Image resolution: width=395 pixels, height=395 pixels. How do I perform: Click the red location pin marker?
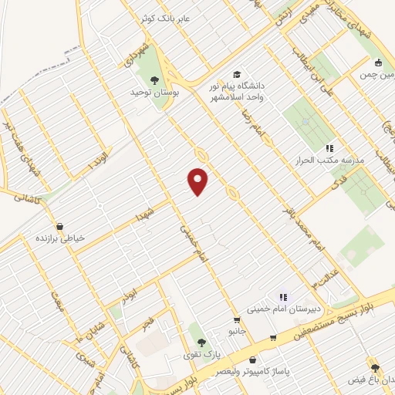click(199, 181)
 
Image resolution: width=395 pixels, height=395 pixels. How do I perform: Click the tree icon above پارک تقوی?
click(202, 343)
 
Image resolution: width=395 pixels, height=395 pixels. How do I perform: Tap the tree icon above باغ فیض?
click(375, 368)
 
